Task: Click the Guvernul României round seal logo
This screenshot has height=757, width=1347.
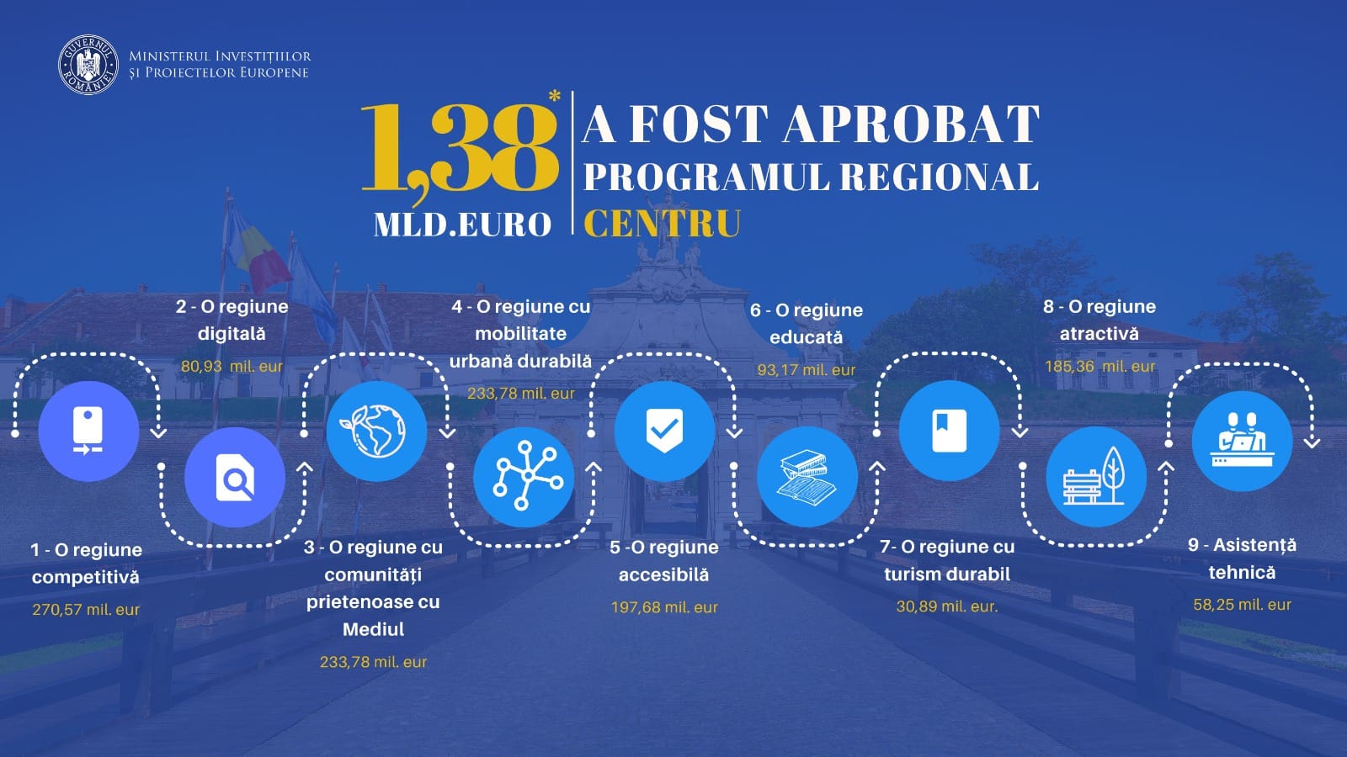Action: (x=88, y=65)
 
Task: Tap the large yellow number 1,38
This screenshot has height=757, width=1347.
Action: (x=461, y=147)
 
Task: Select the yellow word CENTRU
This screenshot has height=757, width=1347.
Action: (x=662, y=224)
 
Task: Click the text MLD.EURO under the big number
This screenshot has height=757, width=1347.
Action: (x=462, y=225)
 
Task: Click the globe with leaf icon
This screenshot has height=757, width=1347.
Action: (x=377, y=431)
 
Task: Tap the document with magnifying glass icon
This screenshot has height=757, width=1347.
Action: (x=235, y=477)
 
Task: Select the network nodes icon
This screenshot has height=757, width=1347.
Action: (x=524, y=477)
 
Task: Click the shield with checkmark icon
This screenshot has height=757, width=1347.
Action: (x=664, y=431)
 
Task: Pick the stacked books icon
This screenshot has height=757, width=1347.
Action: (x=807, y=477)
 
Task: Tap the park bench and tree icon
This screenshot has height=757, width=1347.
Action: (x=1095, y=477)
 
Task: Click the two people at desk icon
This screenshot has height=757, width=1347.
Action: (x=1243, y=441)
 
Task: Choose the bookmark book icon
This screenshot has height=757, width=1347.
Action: (x=950, y=431)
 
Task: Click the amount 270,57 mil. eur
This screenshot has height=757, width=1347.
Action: (x=86, y=610)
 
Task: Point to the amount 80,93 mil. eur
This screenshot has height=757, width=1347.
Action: (x=232, y=367)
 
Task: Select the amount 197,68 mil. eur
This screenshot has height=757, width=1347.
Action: (x=664, y=607)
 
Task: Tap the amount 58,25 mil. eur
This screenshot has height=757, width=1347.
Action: (x=1243, y=605)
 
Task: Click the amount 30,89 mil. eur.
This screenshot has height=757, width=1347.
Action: (x=947, y=606)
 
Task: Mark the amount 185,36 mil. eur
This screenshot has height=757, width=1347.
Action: (x=1099, y=367)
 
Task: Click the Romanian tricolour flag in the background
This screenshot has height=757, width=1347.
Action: (x=256, y=251)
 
